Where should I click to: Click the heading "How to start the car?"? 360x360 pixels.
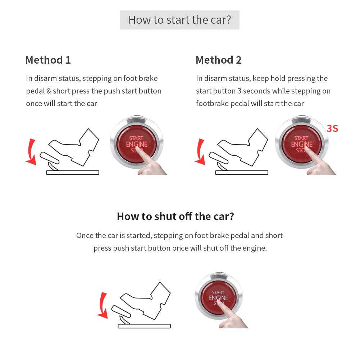[179, 20]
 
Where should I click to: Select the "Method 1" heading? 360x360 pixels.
[48, 60]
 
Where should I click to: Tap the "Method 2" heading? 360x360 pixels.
[218, 60]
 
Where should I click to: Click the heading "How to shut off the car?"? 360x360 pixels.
[176, 217]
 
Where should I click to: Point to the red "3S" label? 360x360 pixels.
[332, 128]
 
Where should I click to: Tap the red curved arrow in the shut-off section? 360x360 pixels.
[103, 305]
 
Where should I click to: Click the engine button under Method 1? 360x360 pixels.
[136, 144]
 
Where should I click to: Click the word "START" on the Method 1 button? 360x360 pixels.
[136, 138]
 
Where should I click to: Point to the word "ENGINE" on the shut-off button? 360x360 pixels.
[218, 298]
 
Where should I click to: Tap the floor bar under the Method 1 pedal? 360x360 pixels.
[73, 173]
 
